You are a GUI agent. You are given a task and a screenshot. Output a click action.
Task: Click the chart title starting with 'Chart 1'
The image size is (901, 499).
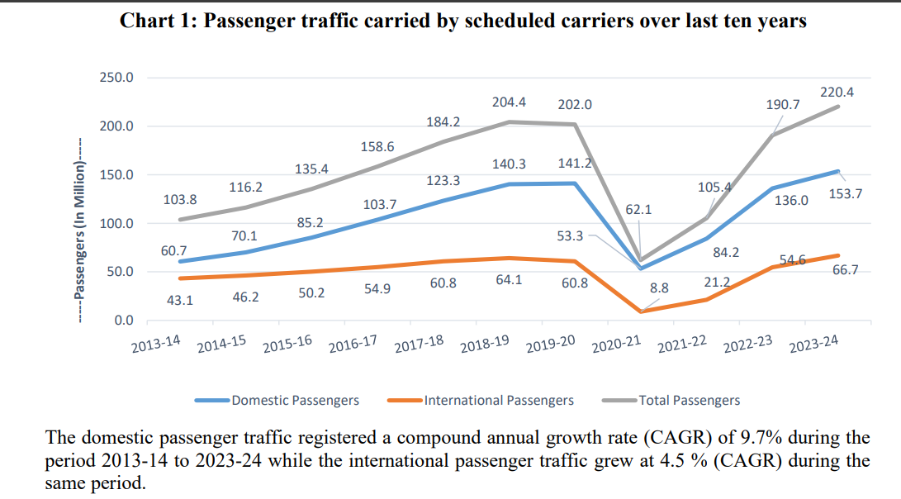click(x=462, y=21)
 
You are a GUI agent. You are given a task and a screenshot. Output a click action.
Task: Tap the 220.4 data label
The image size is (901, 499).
click(x=836, y=93)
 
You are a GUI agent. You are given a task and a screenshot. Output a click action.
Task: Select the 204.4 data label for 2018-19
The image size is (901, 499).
click(x=510, y=102)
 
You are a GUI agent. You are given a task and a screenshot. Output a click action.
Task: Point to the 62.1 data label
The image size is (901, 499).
click(x=638, y=210)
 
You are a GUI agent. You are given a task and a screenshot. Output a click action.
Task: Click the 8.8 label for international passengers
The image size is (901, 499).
click(x=659, y=288)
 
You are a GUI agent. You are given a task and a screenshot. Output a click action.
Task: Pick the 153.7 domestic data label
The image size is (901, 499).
click(x=846, y=194)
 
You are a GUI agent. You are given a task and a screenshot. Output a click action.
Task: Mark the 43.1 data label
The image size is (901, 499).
click(x=179, y=301)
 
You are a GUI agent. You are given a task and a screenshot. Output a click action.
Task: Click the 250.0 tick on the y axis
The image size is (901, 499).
click(x=116, y=78)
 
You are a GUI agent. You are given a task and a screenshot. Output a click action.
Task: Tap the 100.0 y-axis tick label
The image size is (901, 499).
click(x=116, y=223)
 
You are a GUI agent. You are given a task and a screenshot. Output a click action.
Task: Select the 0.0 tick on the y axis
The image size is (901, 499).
click(x=122, y=320)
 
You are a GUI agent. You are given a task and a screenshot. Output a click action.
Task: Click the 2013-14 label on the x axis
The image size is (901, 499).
click(x=156, y=344)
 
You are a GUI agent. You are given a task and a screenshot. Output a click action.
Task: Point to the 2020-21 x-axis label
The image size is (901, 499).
click(x=616, y=344)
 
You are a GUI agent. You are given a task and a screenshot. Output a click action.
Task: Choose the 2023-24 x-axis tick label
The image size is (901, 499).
click(x=813, y=344)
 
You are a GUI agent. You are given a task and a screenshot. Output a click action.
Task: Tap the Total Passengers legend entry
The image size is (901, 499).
click(x=689, y=401)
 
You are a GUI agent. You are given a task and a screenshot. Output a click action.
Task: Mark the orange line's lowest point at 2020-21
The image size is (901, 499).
click(x=642, y=311)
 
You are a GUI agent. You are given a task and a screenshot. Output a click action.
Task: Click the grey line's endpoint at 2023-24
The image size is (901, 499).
click(x=838, y=107)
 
